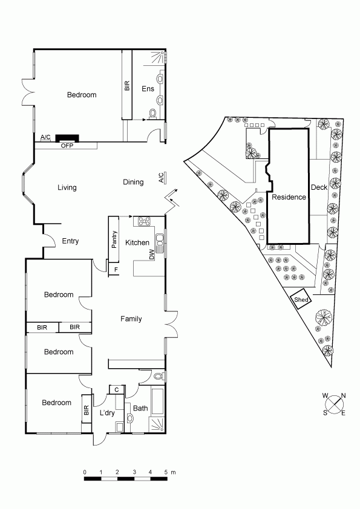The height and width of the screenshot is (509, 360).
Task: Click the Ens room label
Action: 148,89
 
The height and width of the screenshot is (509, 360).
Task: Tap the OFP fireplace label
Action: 67,146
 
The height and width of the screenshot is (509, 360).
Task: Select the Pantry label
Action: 114,239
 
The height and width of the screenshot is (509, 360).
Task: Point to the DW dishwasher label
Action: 152,256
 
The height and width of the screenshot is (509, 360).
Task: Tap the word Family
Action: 131,319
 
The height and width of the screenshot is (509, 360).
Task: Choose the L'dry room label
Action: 107,413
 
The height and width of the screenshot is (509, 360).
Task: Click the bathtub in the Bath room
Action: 157,401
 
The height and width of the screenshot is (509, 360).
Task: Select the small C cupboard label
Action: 117,389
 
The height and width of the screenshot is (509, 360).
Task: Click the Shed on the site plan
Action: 301,300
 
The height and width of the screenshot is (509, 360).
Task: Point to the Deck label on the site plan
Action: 319,187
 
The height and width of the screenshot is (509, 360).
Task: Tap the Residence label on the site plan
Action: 289,197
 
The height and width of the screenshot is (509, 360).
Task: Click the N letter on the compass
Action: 344,395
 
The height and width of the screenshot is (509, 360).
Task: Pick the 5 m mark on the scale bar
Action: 166,472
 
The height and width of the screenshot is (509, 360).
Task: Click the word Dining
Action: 133,182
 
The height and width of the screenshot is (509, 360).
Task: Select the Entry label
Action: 70,241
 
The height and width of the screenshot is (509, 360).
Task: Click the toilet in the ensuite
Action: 152,113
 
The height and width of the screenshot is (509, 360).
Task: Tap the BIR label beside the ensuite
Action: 127,86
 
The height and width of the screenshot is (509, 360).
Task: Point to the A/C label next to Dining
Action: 161,178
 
